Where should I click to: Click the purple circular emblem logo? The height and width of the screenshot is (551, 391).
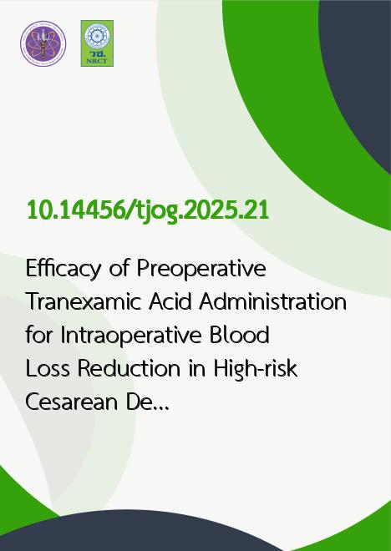click(43, 43)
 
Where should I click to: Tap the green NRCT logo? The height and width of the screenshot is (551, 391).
click(97, 43)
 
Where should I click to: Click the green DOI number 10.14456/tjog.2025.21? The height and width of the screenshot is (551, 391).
click(148, 211)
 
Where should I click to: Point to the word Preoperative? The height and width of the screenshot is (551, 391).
click(201, 270)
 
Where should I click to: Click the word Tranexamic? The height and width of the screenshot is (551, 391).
click(84, 302)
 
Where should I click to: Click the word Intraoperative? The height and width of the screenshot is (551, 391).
click(131, 336)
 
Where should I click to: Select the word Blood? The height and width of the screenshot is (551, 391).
click(240, 336)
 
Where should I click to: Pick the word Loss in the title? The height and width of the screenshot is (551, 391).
click(48, 369)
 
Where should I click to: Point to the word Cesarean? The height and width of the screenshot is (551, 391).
click(71, 402)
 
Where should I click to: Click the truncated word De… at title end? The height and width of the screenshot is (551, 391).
click(147, 402)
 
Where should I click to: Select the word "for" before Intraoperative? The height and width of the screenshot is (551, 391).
click(39, 336)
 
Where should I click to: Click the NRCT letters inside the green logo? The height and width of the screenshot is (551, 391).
click(97, 61)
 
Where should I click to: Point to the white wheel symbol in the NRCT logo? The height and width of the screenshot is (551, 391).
click(97, 36)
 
